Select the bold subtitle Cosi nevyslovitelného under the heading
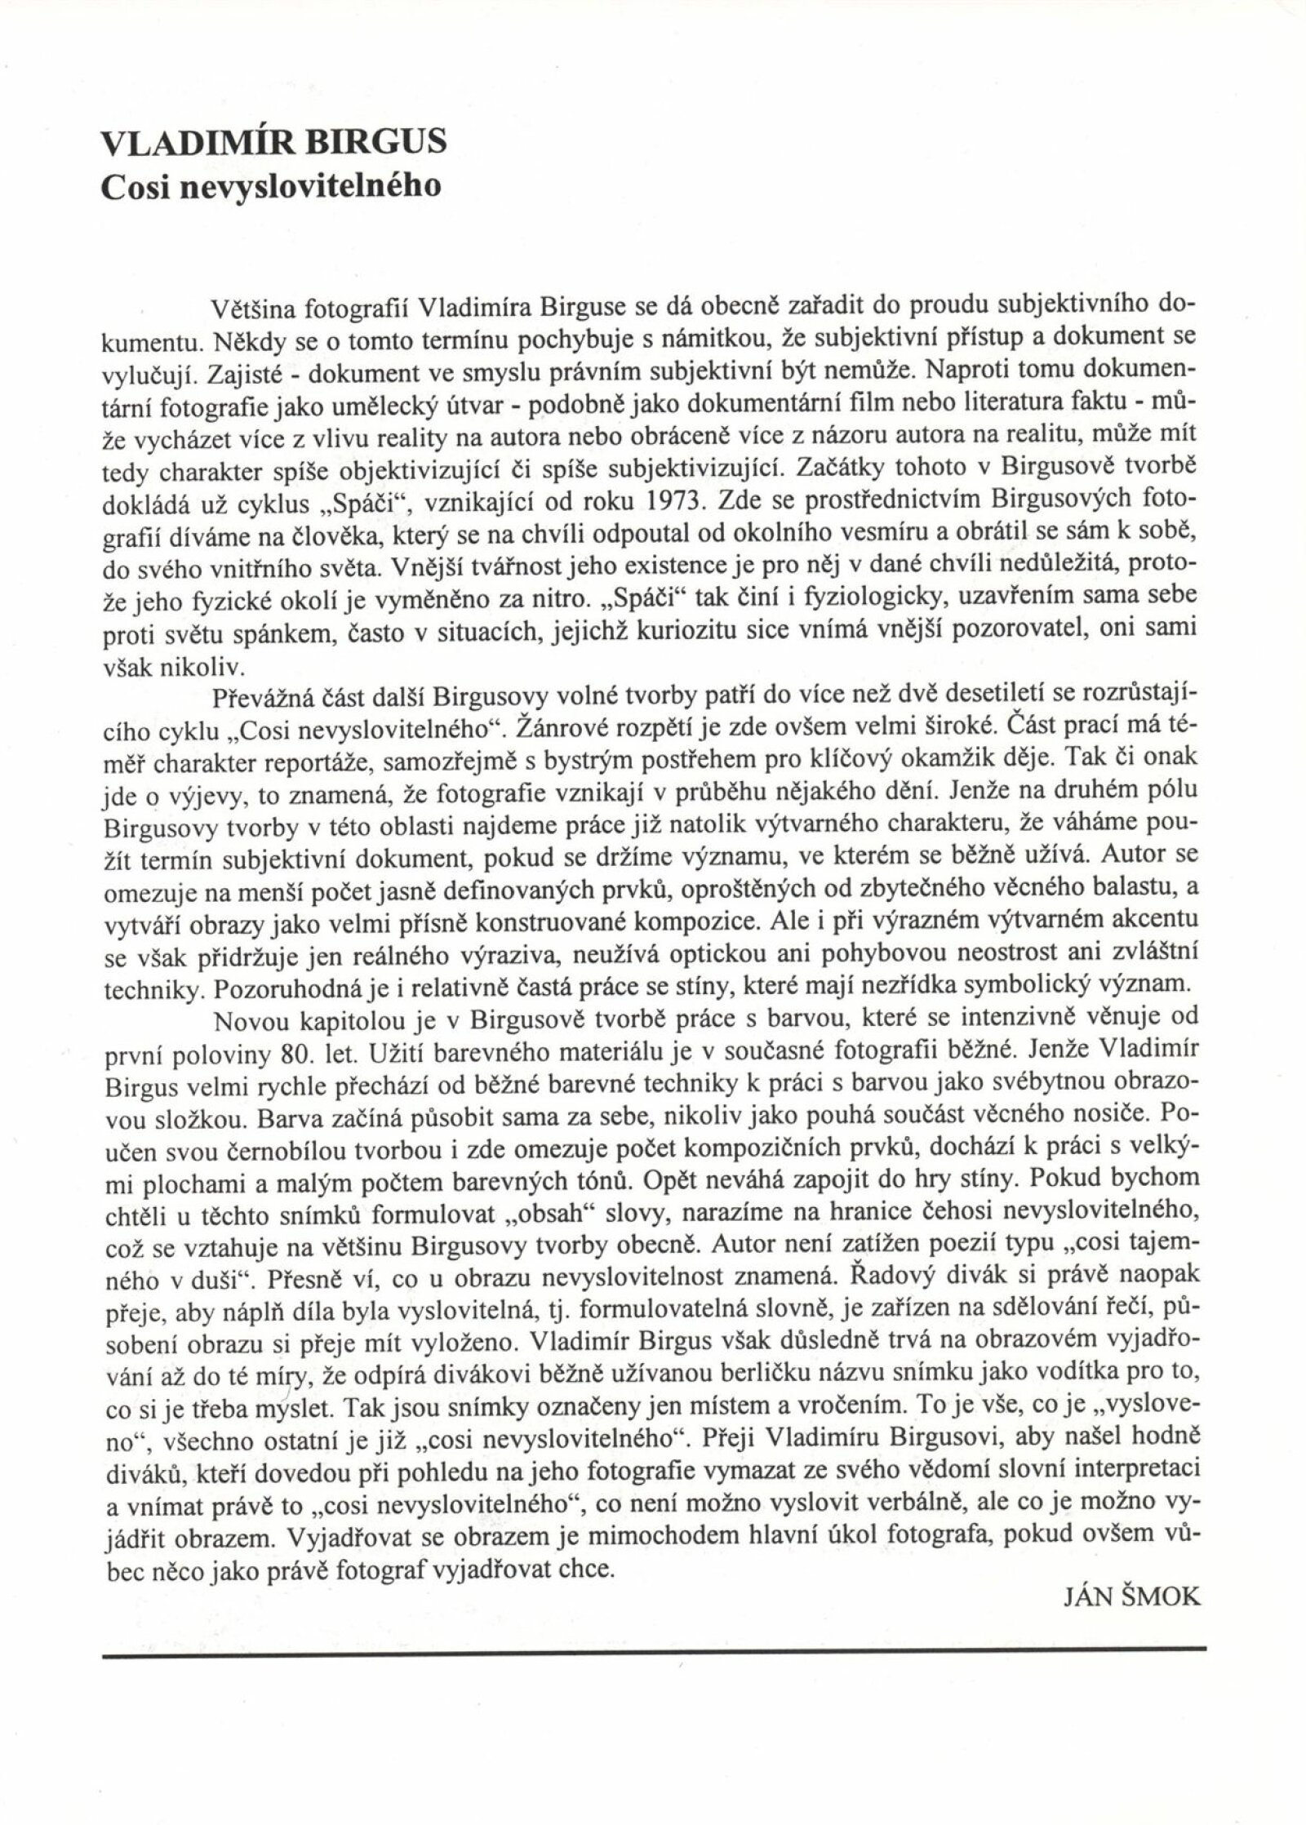coord(269,185)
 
